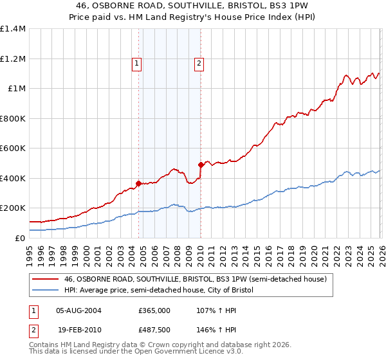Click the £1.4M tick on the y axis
tap(13, 29)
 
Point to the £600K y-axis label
tap(13, 148)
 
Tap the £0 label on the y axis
tap(21, 238)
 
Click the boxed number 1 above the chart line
tap(138, 63)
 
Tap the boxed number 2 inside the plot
tap(199, 63)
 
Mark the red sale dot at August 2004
tap(138, 183)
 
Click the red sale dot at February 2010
tap(201, 165)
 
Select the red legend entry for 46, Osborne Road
tap(196, 279)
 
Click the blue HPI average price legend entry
tap(159, 291)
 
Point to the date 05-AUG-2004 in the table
tap(78, 310)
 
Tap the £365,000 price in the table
tap(154, 310)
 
